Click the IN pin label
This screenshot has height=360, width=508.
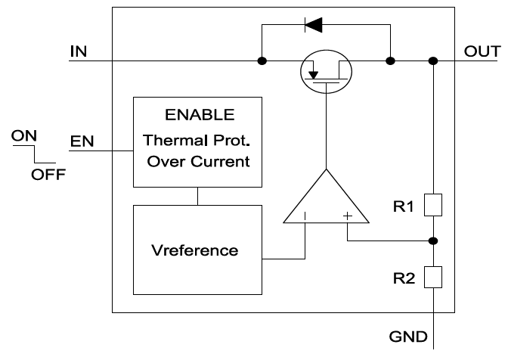click(x=78, y=51)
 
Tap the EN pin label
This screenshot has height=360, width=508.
click(x=79, y=141)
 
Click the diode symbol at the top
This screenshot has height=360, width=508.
click(x=312, y=25)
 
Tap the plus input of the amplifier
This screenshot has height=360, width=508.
click(x=347, y=216)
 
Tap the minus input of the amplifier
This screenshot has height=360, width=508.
click(x=305, y=216)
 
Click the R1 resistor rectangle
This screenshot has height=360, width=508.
click(x=434, y=204)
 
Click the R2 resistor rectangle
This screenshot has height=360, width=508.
click(x=434, y=278)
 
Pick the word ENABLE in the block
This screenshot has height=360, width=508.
click(x=199, y=116)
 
